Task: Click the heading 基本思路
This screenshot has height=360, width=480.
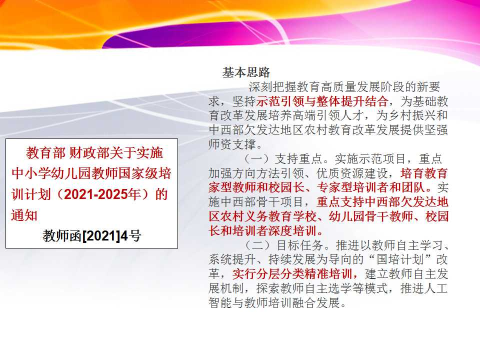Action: coord(246,72)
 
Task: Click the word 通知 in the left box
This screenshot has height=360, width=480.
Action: coord(24,215)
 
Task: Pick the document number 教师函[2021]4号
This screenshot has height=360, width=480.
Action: coord(92,235)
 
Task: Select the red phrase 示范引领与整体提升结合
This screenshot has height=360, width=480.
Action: coord(322,101)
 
